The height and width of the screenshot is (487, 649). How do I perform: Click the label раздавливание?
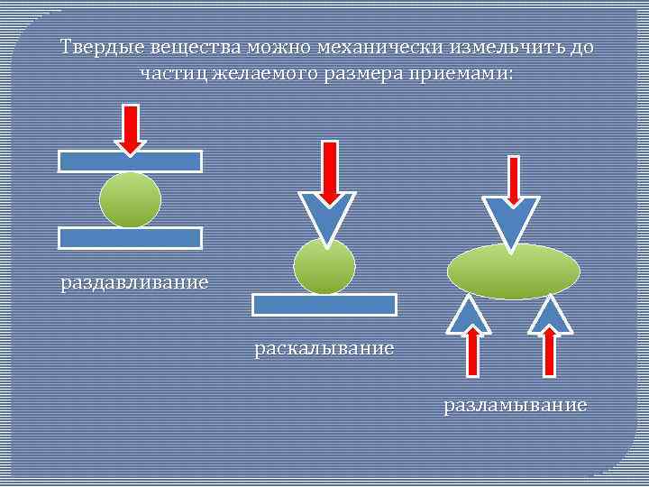[134, 283]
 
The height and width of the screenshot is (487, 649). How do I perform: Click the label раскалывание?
[324, 347]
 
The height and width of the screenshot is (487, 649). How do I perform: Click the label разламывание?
[515, 405]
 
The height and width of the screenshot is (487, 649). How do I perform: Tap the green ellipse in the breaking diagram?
[514, 271]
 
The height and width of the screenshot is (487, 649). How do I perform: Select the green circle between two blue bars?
[131, 200]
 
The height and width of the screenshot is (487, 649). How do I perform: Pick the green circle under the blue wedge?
[324, 267]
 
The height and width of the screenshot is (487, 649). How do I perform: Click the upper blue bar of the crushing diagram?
[131, 161]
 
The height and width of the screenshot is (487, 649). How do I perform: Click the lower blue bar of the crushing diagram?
[131, 238]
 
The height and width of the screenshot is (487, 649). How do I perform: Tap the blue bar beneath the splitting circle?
[324, 305]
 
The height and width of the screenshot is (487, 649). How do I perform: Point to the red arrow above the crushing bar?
[131, 128]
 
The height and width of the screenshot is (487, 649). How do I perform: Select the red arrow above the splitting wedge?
[330, 171]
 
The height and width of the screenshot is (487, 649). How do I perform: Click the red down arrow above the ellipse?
[512, 180]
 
